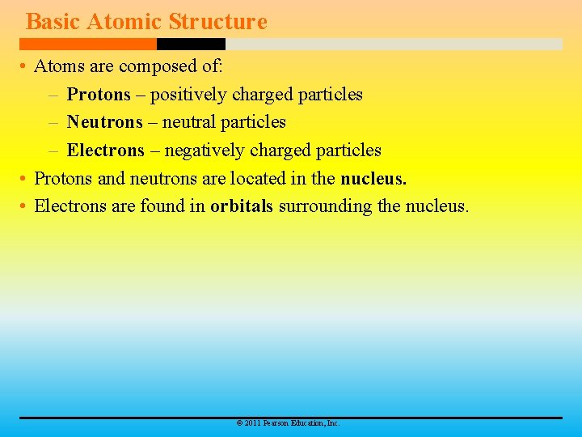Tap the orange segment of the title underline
(88, 44)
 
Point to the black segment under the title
(191, 44)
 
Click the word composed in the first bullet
(154, 66)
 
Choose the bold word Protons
(99, 95)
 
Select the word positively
(188, 95)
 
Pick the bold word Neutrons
(104, 122)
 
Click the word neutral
(189, 122)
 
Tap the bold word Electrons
(105, 151)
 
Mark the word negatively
(205, 151)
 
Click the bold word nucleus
(373, 178)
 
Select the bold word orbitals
(242, 206)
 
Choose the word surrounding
(325, 206)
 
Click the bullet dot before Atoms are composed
(25, 67)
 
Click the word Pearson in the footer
(274, 423)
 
